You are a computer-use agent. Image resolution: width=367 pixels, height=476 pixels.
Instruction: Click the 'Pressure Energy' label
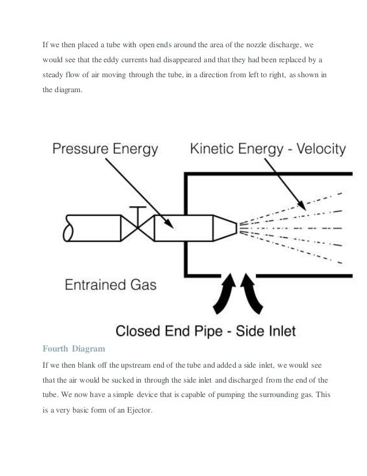click(x=105, y=150)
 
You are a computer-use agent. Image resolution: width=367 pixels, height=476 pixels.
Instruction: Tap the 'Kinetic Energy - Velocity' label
click(x=268, y=150)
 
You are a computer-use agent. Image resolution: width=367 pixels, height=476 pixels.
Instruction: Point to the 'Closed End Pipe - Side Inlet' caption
click(x=205, y=330)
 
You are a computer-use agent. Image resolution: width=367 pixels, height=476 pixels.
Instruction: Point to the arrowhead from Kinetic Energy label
click(x=300, y=203)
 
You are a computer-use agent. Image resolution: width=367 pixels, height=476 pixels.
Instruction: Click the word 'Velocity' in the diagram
click(x=318, y=150)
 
